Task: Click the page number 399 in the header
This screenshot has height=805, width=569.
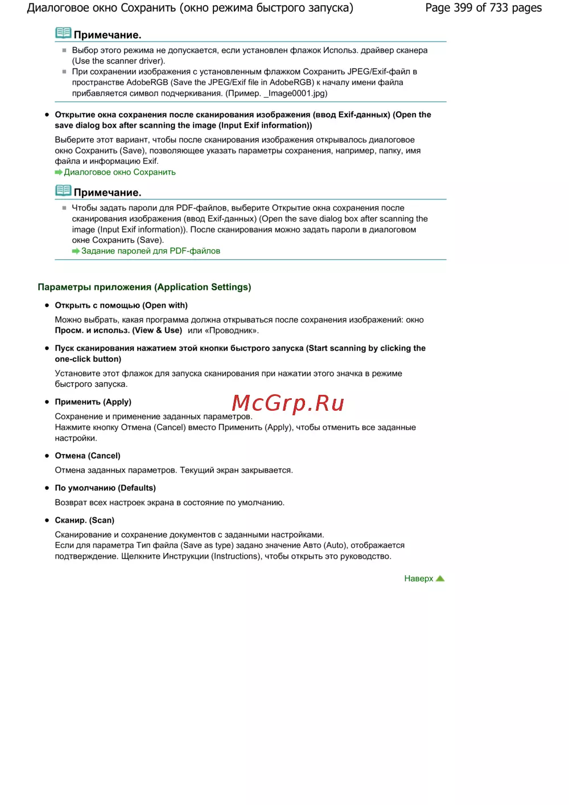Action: (463, 8)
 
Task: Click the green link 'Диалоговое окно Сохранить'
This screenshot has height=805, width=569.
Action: (119, 172)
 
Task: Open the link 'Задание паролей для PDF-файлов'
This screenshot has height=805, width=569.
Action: (150, 251)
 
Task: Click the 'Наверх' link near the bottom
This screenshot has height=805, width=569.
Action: (418, 579)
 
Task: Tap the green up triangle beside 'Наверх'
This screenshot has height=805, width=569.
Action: (440, 579)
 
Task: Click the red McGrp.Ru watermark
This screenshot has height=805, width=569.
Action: (288, 403)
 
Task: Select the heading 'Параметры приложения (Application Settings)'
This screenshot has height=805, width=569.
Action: (145, 287)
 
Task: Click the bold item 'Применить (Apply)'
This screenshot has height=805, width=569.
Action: (93, 402)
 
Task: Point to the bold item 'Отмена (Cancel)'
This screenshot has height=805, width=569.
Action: (88, 456)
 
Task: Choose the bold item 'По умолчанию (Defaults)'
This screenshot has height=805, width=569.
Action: (105, 488)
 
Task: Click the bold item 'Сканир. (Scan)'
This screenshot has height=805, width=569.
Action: (84, 520)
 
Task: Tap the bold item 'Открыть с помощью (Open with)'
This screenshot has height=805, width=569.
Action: (121, 306)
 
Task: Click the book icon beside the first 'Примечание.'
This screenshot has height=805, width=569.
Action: (63, 33)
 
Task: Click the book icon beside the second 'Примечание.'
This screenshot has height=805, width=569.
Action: (63, 191)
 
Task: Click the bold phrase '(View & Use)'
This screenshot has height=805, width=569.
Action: (157, 331)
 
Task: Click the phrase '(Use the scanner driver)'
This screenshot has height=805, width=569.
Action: (118, 61)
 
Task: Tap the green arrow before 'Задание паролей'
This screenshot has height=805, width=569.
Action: (76, 251)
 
